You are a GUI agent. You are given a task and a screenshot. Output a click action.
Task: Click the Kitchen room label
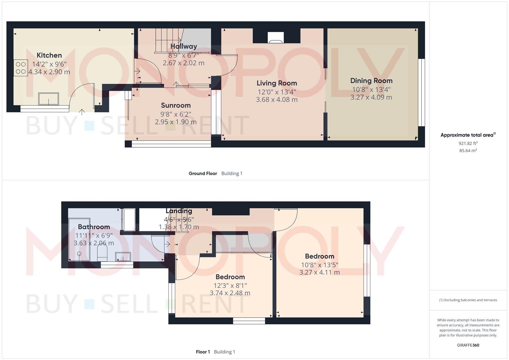(49, 55)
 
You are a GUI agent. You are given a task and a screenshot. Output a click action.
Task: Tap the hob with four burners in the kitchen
(21, 68)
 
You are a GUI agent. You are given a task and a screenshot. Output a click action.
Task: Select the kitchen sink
(48, 99)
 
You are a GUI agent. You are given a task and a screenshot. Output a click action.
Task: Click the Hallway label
(184, 46)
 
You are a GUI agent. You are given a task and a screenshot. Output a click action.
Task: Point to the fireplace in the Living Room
(276, 37)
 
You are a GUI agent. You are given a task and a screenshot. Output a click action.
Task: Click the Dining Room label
(371, 81)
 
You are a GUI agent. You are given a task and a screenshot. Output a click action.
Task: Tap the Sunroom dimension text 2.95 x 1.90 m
(176, 122)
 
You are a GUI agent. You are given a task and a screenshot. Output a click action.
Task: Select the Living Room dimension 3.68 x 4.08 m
(277, 100)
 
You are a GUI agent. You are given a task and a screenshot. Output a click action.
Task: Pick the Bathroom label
(94, 227)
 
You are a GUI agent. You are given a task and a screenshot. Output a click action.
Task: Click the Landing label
(179, 211)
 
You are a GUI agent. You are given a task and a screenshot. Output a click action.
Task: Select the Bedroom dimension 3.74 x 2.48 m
(230, 293)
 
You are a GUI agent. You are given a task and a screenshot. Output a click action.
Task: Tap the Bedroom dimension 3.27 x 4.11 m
(319, 272)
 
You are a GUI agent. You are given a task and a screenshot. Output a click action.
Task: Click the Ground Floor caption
(203, 173)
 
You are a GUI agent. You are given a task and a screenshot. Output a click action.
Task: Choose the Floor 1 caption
(203, 352)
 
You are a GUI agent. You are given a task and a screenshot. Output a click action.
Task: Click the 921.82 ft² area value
(468, 143)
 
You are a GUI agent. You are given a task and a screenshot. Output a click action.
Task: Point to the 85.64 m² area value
(468, 150)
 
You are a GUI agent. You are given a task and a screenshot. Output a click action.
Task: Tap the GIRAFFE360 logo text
(468, 345)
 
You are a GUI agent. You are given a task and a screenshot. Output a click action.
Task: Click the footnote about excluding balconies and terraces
(468, 300)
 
